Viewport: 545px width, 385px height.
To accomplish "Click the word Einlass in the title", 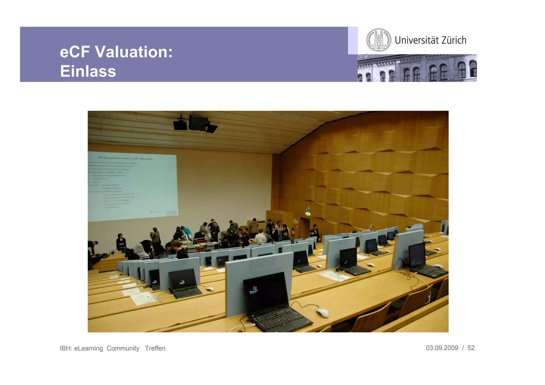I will pos(88,71).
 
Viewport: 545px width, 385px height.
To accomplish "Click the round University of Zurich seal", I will pos(378,40).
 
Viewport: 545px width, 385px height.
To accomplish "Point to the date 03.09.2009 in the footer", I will pos(442,348).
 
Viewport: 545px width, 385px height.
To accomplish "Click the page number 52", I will pos(471,348).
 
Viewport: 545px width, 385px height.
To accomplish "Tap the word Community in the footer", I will pos(123,348).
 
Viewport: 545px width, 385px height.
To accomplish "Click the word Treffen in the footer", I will pos(155,348).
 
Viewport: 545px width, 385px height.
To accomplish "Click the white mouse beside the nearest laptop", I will pos(323,312).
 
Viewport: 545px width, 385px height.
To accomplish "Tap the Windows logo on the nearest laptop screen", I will pos(254,289).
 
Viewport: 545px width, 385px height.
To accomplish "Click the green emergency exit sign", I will pos(308,214).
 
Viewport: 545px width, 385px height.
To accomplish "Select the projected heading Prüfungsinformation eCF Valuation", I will pos(125,158).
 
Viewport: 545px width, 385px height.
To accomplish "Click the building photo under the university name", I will pos(417,68).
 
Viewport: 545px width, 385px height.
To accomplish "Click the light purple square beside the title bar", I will pos(353,40).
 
